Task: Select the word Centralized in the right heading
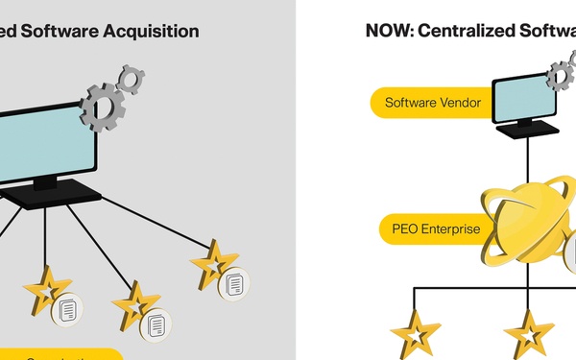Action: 466,31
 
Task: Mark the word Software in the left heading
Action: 61,31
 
